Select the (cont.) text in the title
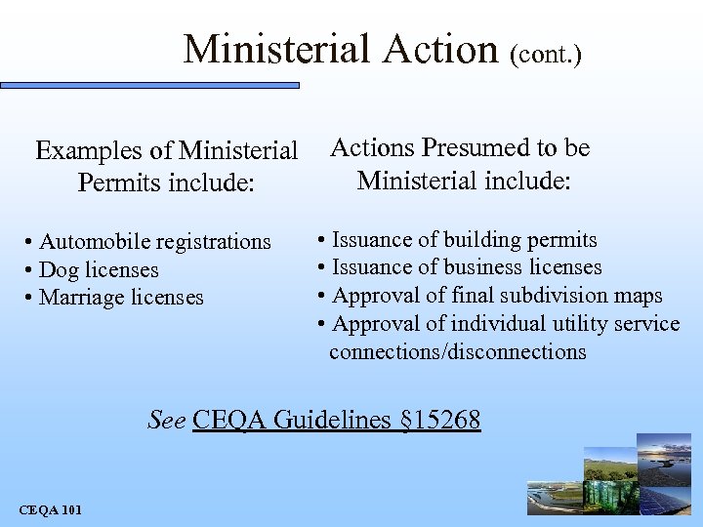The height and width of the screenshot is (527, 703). pyautogui.click(x=546, y=54)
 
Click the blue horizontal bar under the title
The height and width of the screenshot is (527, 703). pyautogui.click(x=150, y=86)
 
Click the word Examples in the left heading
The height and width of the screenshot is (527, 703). pyautogui.click(x=88, y=151)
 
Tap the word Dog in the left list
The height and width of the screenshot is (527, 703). pyautogui.click(x=58, y=269)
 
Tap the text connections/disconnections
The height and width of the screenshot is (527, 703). pyautogui.click(x=458, y=351)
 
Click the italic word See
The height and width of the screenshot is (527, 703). pyautogui.click(x=167, y=421)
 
